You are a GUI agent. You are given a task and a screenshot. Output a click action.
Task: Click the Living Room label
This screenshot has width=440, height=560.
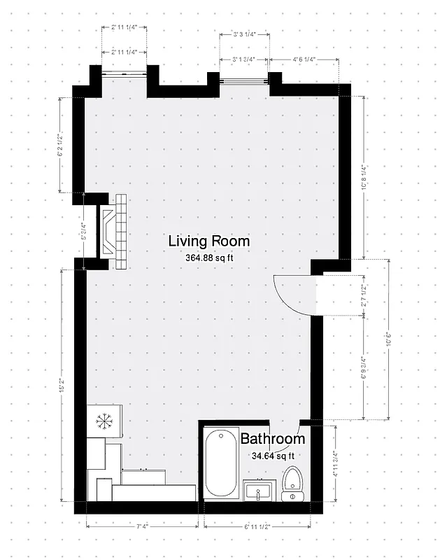tap(208, 241)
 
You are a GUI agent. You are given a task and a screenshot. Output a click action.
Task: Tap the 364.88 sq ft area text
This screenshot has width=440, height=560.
tap(208, 258)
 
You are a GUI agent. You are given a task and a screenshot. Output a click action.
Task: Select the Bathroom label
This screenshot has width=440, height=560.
tap(273, 440)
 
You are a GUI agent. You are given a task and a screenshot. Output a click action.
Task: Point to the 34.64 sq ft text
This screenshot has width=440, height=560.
tap(273, 456)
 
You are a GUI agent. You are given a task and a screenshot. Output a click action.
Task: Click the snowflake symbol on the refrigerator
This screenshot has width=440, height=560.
tap(104, 421)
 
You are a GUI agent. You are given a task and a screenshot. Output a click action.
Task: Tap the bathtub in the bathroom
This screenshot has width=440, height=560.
tap(222, 463)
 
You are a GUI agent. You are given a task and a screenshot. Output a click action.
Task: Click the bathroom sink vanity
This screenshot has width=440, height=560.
tap(261, 491)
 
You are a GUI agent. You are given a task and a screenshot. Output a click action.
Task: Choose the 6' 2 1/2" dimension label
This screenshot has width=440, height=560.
tap(62, 144)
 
